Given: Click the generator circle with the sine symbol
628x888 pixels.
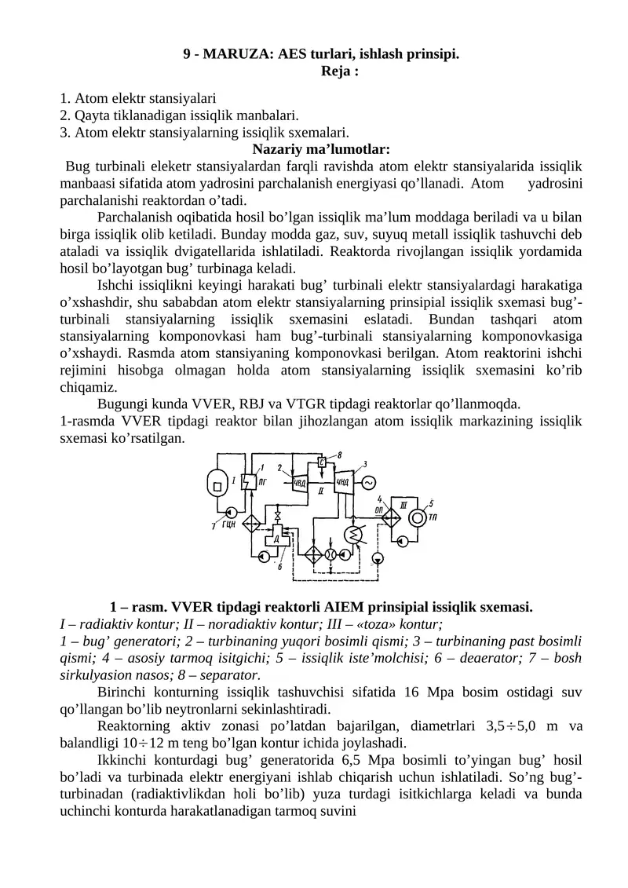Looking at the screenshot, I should click(x=367, y=482).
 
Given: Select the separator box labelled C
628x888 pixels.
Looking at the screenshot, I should click(x=322, y=462).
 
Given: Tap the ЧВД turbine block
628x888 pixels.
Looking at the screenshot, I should click(x=299, y=482).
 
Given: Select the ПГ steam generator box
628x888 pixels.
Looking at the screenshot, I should click(x=246, y=483).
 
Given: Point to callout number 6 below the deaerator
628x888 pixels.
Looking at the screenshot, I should click(x=280, y=567).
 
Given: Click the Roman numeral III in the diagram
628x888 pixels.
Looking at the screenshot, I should click(x=403, y=503).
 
